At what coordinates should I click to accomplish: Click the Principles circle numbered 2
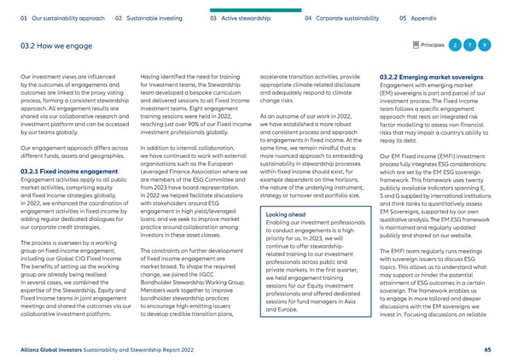pyautogui.click(x=457, y=44)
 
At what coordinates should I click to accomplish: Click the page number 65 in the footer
pyautogui.click(x=486, y=348)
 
